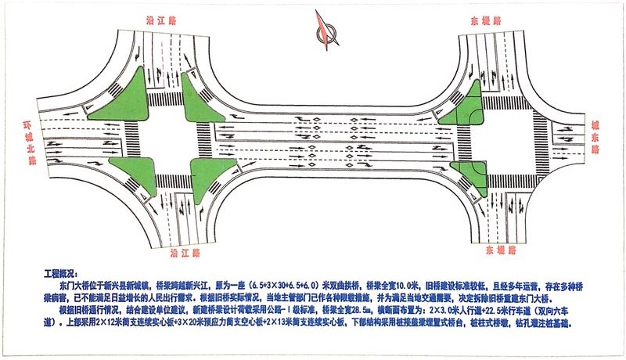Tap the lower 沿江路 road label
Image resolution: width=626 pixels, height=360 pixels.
coord(166,254)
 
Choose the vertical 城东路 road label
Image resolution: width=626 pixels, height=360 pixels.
coord(595,141)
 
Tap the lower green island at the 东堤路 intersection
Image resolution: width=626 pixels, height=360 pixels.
coord(470,172)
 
